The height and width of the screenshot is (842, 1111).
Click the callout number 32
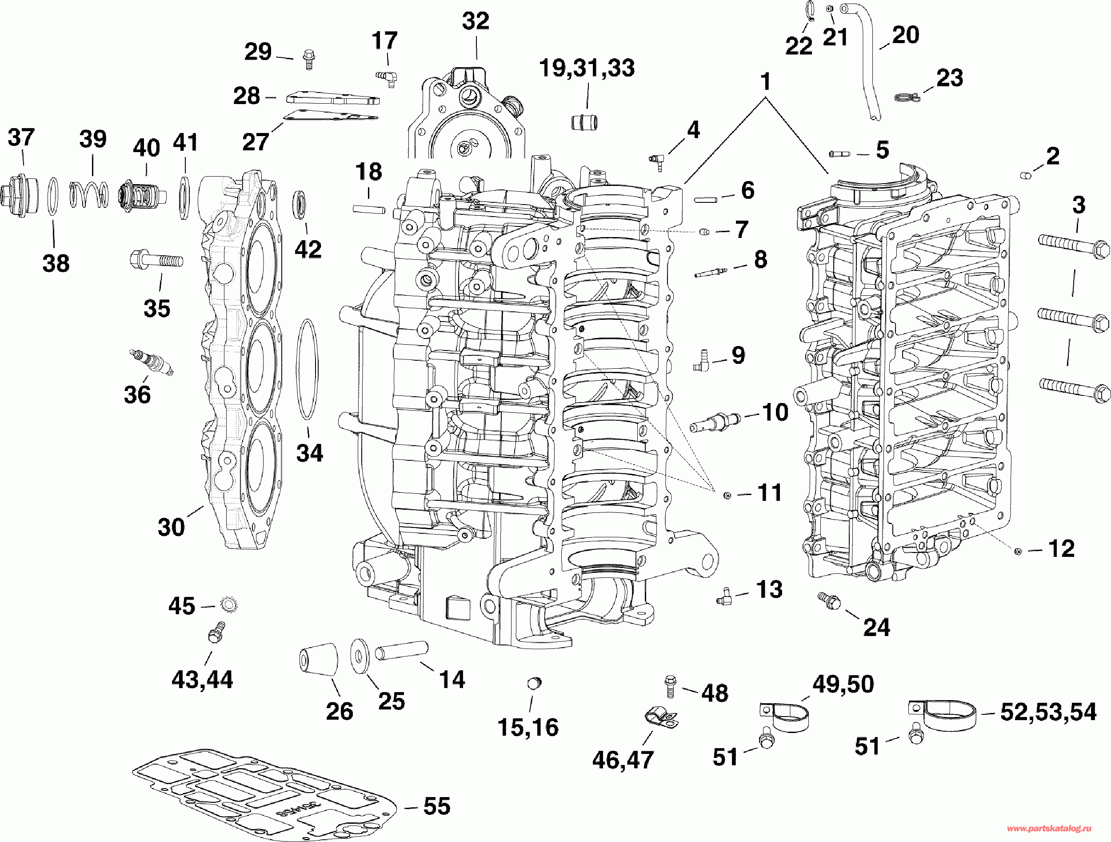(475, 21)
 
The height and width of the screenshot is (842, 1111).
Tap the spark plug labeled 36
(151, 362)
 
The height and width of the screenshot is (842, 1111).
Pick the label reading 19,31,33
(587, 68)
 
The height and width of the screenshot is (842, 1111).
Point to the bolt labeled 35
(156, 260)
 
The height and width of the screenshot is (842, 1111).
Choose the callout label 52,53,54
(1048, 712)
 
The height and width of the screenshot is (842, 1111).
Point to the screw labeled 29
(308, 59)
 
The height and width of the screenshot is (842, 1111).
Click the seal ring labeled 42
(300, 205)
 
